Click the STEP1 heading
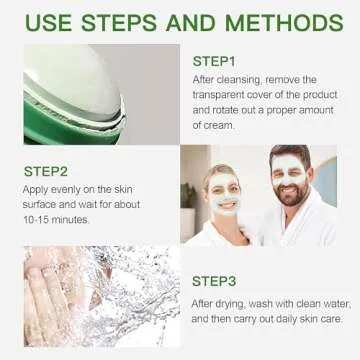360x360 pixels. pos(216,59)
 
